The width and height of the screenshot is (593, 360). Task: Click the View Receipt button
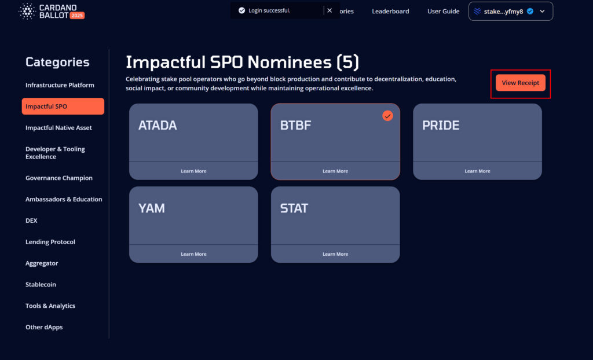521,83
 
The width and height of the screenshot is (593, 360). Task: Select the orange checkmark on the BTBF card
387,116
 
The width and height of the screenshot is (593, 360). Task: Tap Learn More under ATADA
193,171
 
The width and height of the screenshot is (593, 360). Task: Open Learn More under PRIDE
477,171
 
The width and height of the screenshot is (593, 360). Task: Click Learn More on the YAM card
193,254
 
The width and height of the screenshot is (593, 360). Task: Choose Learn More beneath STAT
335,254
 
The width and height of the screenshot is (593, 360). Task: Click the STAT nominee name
294,208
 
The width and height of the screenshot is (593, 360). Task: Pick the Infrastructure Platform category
60,85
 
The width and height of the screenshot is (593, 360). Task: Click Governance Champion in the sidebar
59,178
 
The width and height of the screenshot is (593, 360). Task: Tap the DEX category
31,221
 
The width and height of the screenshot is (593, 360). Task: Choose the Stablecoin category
41,284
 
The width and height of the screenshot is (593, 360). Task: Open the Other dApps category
44,327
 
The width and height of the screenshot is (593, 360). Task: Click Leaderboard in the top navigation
390,12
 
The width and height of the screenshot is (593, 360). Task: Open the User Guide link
443,12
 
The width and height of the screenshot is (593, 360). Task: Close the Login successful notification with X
330,10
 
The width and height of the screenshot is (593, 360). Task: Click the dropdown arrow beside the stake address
542,12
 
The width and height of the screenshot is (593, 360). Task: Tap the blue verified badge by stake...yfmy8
530,12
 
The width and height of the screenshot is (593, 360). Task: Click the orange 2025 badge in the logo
77,16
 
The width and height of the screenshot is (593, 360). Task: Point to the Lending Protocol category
50,242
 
